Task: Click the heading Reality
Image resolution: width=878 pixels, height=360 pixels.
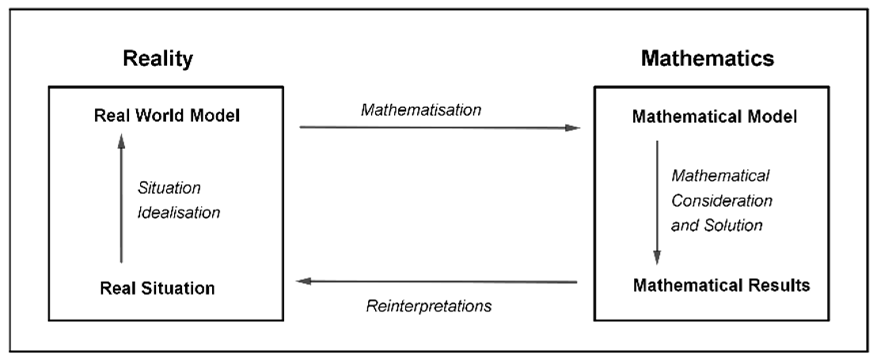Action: (x=158, y=59)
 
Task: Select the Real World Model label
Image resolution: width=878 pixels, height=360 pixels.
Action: (x=167, y=115)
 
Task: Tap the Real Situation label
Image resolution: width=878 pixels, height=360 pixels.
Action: (x=157, y=288)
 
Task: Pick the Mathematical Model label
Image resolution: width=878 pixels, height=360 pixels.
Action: (x=714, y=117)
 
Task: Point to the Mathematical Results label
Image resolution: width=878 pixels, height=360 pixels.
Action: (x=721, y=285)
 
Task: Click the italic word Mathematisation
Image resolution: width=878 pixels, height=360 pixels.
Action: (x=421, y=110)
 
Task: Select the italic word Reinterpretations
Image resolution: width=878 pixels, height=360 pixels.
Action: (x=429, y=306)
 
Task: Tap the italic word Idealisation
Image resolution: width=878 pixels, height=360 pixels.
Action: (x=179, y=213)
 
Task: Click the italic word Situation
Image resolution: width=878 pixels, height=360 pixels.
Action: (x=169, y=188)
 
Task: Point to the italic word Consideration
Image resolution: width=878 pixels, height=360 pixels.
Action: (x=722, y=201)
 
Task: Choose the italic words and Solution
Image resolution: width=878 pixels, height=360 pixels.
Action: (x=716, y=225)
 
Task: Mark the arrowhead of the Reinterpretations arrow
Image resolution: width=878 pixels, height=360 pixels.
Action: (x=303, y=281)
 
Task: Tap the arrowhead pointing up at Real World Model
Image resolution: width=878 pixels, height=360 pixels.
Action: (x=121, y=141)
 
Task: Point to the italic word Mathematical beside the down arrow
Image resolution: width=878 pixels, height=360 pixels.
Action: (x=720, y=176)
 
